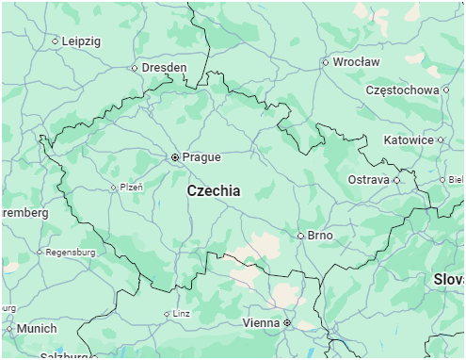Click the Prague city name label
pos(201,157)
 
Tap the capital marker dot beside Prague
pos(175,157)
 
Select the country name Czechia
pos(213,190)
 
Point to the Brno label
pos(320,236)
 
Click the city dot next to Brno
pos(300,236)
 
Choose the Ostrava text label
pos(368,179)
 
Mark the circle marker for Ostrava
pos(396,179)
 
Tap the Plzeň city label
pos(131,187)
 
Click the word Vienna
pos(261,322)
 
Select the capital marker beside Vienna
pos(287,322)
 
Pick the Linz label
pos(182,314)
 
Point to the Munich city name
pos(37,329)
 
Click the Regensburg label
pos(72,253)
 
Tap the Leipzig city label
pos(81,41)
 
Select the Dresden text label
pos(164,68)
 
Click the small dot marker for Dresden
pos(134,68)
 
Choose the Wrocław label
pos(357,62)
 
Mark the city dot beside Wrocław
pos(326,62)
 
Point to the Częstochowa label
pos(402,90)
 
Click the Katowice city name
pos(409,139)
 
